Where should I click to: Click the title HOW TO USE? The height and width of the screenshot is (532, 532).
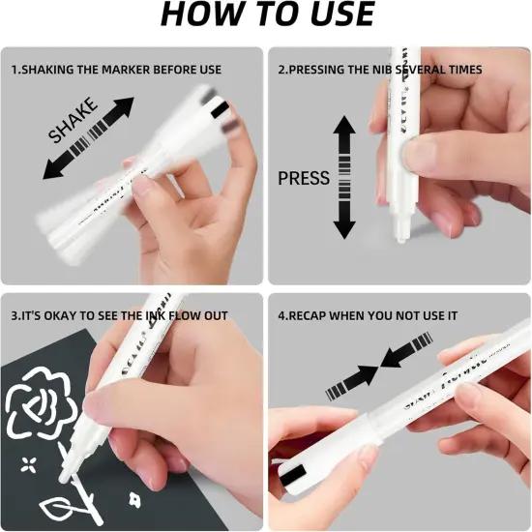tap(266, 16)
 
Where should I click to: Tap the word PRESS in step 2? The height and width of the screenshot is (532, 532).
tap(304, 178)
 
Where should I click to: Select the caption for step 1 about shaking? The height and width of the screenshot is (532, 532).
tap(116, 70)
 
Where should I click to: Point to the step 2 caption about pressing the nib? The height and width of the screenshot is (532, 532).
tap(380, 70)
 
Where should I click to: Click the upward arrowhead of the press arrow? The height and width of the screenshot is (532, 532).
tap(344, 127)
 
